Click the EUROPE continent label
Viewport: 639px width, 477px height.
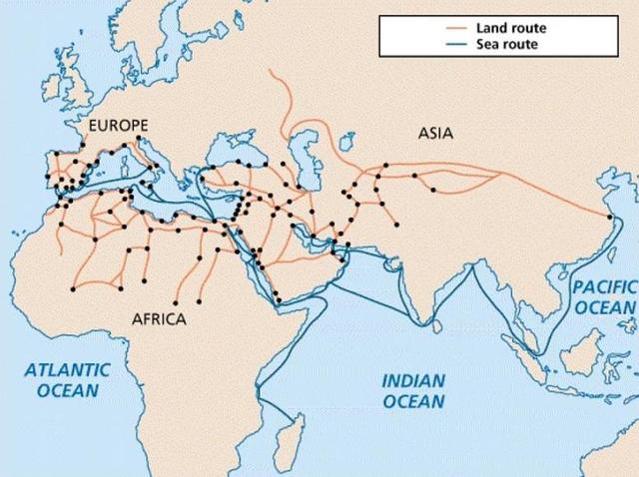pyautogui.click(x=118, y=126)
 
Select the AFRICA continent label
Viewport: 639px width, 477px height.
pyautogui.click(x=160, y=319)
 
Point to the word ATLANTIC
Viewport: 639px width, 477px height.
pyautogui.click(x=69, y=369)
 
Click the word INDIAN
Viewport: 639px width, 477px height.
pyautogui.click(x=412, y=380)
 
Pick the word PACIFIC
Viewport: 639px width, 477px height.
pyautogui.click(x=603, y=286)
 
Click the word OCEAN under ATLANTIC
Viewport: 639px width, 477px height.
pyautogui.click(x=69, y=390)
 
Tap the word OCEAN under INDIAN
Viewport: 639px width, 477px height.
pyautogui.click(x=412, y=401)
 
